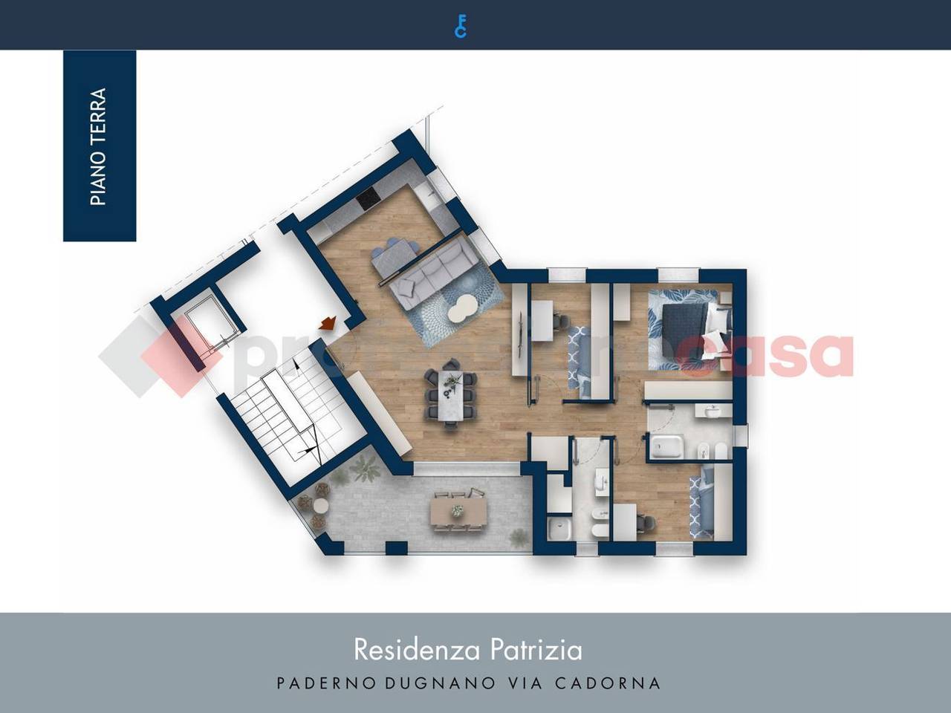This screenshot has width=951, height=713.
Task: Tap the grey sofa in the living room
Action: (x=431, y=272)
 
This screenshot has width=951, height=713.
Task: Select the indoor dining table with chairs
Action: (x=451, y=394)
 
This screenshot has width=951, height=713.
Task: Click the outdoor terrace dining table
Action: (x=454, y=510)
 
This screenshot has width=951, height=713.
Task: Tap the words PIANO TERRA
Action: (x=99, y=146)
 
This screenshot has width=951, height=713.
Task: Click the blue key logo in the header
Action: (x=461, y=26)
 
